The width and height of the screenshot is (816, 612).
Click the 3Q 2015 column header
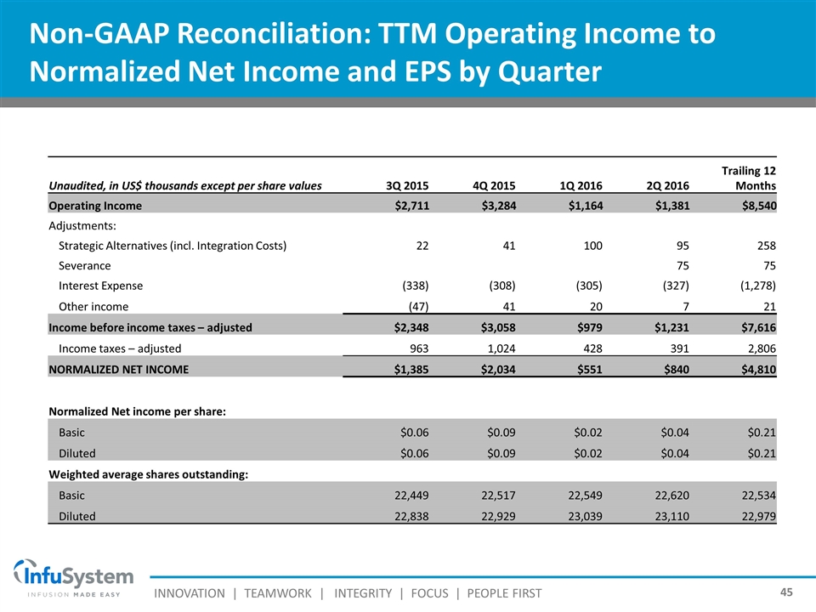tap(407, 185)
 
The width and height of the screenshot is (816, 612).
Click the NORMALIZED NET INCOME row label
tap(118, 369)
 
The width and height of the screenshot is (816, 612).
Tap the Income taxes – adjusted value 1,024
tap(496, 348)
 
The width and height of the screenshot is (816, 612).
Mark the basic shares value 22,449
tap(408, 495)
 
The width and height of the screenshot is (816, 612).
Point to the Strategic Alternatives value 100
tap(591, 246)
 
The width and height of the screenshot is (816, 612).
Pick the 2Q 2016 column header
tap(667, 185)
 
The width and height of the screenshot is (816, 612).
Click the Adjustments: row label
tap(82, 225)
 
